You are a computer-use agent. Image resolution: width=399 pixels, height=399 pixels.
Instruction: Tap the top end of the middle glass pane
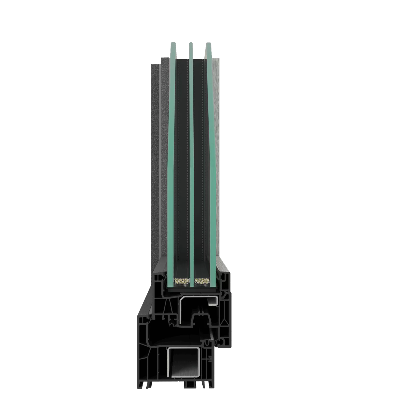click(191, 44)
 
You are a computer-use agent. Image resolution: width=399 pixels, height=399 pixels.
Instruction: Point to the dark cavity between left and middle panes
click(182, 166)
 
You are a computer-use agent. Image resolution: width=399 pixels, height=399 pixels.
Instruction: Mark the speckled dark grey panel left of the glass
click(158, 166)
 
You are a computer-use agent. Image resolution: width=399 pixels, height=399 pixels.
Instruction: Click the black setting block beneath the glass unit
click(191, 290)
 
